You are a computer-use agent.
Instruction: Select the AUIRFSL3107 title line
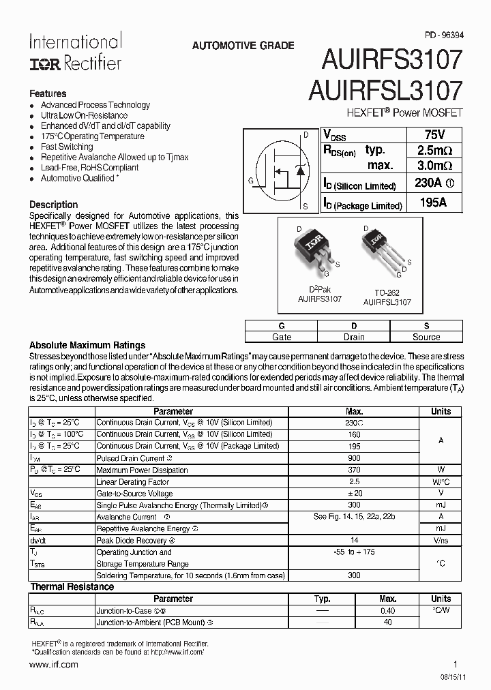tap(385, 91)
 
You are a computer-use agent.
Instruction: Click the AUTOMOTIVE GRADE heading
tap(243, 46)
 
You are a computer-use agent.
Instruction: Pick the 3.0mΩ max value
tap(434, 166)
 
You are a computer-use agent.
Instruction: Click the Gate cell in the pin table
tap(282, 337)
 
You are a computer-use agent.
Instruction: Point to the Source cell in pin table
tap(426, 337)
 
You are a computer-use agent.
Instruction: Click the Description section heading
tap(54, 205)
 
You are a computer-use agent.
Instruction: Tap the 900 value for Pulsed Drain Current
tap(354, 458)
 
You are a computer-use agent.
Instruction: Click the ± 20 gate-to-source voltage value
tap(354, 493)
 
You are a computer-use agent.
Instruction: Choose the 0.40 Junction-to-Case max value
tap(387, 611)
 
